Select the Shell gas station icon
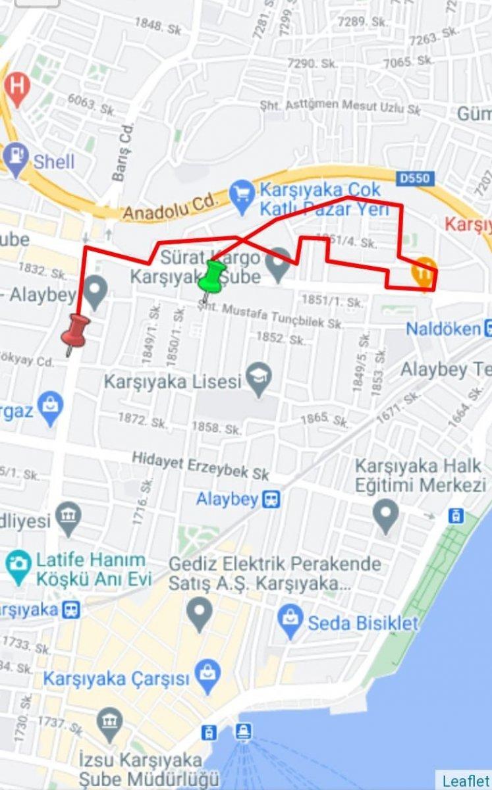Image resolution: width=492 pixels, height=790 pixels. (x=16, y=160)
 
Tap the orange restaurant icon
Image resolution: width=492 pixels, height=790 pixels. (x=424, y=272)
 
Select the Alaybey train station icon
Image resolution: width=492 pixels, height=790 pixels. (x=271, y=499)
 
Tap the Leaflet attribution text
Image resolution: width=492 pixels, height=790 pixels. (x=465, y=780)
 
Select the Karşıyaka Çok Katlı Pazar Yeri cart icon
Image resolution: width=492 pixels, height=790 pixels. (x=242, y=193)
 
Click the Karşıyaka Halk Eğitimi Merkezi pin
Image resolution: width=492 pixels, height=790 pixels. (x=385, y=513)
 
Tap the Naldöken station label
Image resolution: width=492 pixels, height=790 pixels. (x=443, y=328)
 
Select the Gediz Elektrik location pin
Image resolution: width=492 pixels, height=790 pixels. (x=199, y=612)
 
